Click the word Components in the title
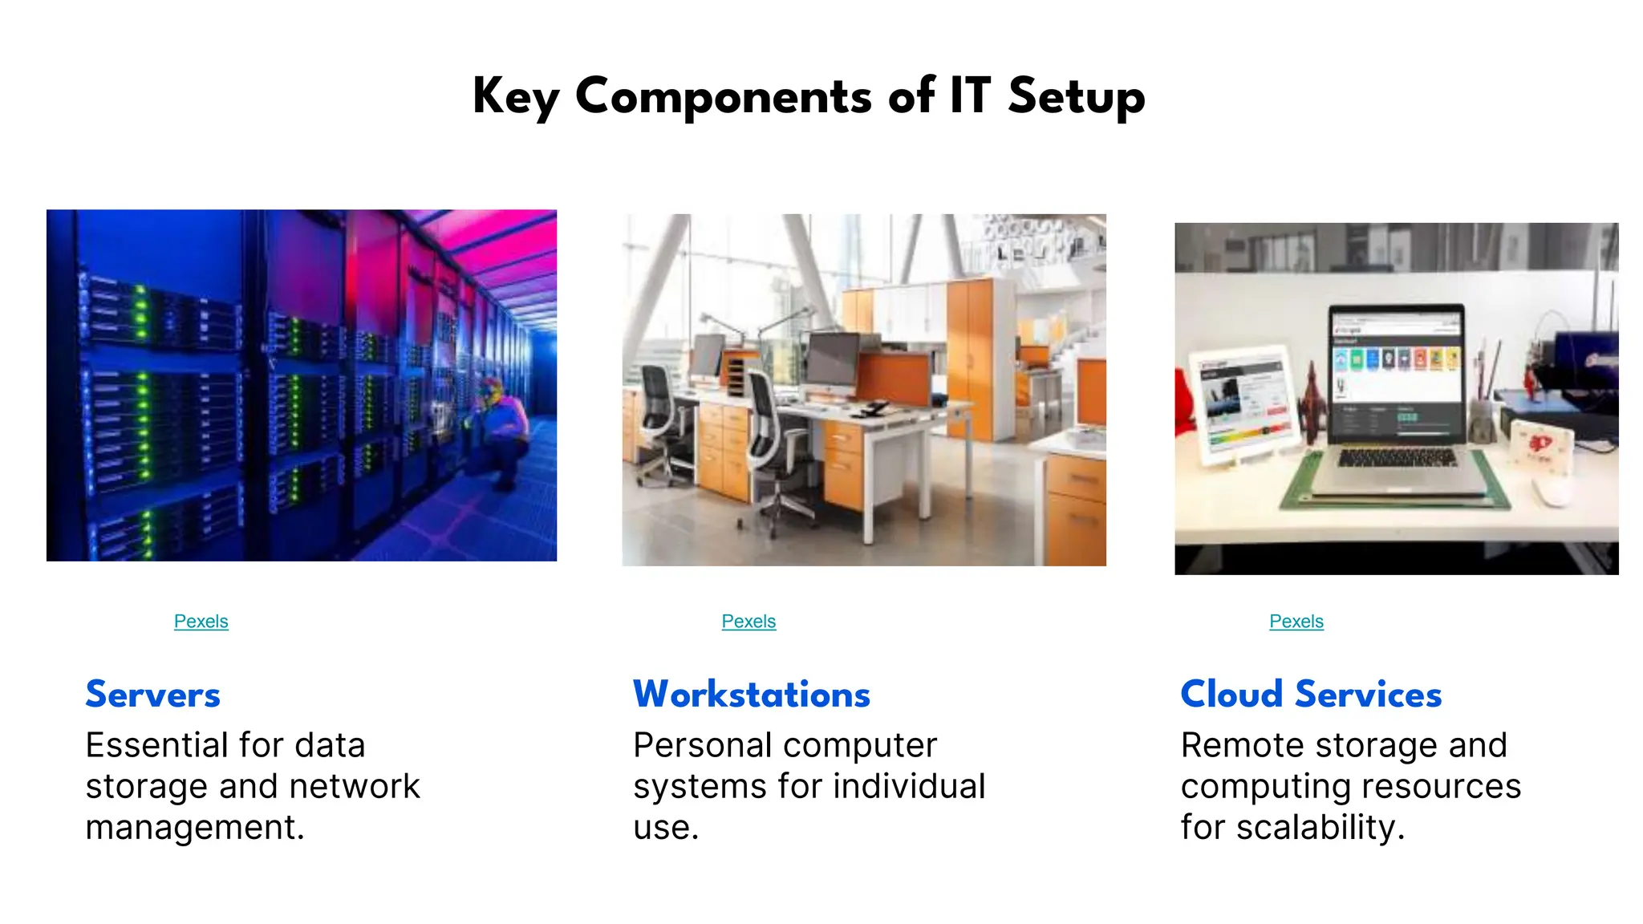coord(723,97)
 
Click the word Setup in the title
coord(1076,97)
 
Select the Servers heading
coord(152,694)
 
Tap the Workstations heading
coord(751,694)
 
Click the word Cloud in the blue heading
coord(1231,694)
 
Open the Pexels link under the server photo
coord(201,622)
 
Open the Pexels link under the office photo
coord(748,622)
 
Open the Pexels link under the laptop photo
coord(1296,622)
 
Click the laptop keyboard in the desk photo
coord(1397,458)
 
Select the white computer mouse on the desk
coord(1552,491)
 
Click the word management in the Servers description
coord(194,827)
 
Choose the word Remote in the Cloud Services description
coord(1246,745)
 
